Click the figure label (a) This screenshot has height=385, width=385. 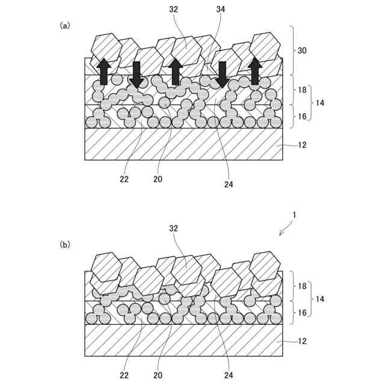click(x=65, y=25)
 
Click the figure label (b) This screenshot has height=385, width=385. click(x=65, y=245)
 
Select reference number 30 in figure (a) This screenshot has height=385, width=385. click(x=302, y=51)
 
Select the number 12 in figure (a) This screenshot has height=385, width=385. click(x=302, y=146)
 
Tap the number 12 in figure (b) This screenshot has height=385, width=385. click(x=302, y=341)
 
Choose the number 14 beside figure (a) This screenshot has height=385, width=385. click(x=321, y=103)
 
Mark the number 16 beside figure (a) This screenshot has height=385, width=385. click(x=302, y=115)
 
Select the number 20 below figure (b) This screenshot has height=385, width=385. click(x=158, y=374)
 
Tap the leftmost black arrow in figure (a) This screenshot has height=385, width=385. click(x=103, y=71)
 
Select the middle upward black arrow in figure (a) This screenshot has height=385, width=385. click(x=176, y=72)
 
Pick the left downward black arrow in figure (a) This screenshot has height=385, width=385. click(x=137, y=74)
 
